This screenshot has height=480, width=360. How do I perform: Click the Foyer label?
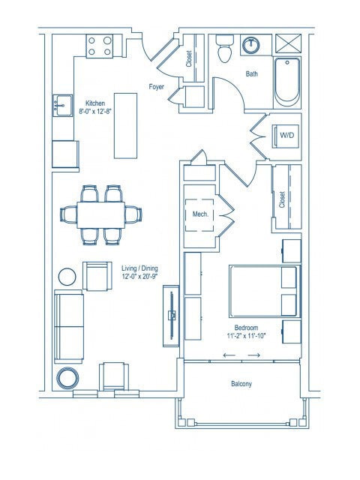tap(157, 86)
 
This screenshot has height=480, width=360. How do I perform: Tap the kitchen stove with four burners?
tap(100, 46)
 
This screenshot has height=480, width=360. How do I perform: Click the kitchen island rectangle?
tap(125, 125)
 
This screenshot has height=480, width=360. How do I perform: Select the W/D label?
tap(286, 135)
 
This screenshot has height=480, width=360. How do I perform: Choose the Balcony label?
tap(241, 385)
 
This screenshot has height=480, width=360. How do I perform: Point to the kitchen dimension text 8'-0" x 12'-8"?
tap(94, 112)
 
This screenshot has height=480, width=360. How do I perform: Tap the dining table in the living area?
tap(101, 214)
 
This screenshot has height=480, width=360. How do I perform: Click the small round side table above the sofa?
tap(67, 276)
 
